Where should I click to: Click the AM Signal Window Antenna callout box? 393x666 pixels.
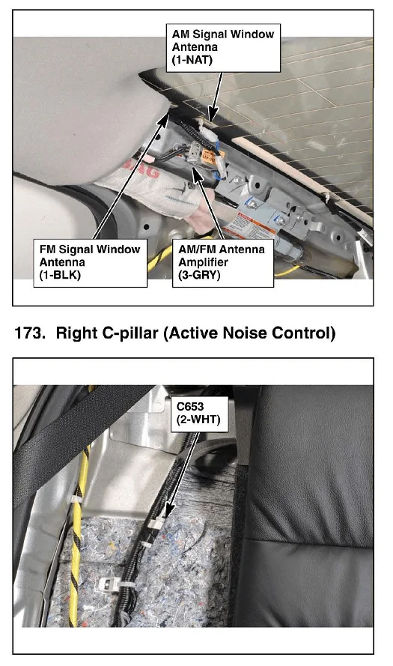tap(223, 48)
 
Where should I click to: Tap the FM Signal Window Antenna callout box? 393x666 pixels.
tap(90, 263)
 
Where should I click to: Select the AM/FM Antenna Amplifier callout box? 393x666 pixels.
tap(223, 263)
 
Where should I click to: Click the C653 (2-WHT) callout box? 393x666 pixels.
tap(199, 414)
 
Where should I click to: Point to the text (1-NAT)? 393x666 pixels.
tap(192, 59)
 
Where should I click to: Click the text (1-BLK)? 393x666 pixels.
tap(60, 275)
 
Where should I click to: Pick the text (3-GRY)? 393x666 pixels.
tap(199, 275)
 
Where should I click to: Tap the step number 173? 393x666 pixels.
tap(30, 333)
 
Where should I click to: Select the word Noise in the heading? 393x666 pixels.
tap(249, 333)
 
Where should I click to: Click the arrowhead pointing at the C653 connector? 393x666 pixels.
tap(168, 511)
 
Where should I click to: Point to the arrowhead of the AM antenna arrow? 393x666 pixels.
tap(213, 115)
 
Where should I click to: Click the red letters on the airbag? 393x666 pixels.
tap(142, 169)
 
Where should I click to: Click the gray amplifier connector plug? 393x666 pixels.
tap(195, 150)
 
